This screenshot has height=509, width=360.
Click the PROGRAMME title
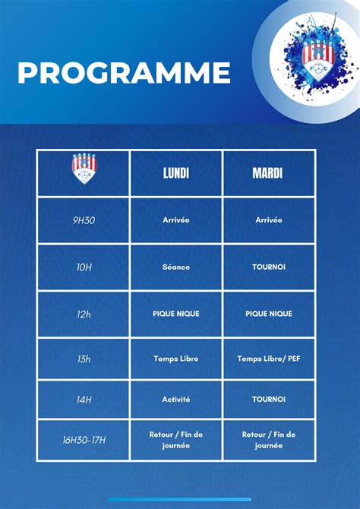click(124, 73)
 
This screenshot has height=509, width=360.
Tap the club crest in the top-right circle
click(314, 62)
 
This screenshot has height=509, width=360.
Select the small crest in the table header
click(84, 169)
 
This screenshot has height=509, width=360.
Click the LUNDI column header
click(176, 173)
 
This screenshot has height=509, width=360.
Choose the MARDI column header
click(268, 173)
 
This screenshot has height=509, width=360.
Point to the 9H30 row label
click(84, 220)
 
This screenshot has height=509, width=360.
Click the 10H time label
click(84, 268)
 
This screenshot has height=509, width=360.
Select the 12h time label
click(84, 315)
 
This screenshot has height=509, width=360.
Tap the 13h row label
click(84, 359)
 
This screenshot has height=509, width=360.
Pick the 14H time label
click(84, 400)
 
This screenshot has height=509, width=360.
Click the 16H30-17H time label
click(84, 441)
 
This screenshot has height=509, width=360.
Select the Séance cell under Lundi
click(176, 267)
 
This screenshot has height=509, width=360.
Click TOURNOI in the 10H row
click(268, 267)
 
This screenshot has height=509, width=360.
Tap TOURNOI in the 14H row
click(268, 400)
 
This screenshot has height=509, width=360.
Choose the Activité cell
click(176, 400)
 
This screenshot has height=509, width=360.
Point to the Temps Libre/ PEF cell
click(268, 359)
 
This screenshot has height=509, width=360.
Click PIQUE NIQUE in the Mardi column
click(268, 314)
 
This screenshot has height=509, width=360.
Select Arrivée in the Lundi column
click(176, 220)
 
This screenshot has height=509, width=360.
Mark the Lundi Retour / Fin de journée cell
click(176, 440)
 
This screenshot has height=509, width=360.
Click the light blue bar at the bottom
click(179, 499)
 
